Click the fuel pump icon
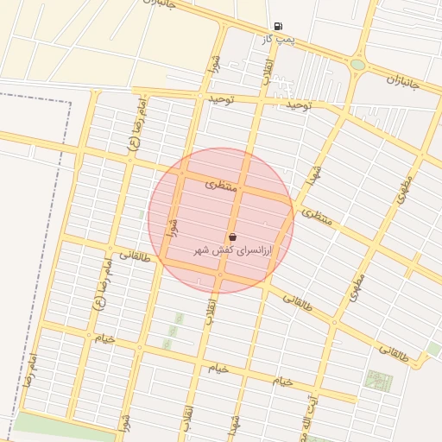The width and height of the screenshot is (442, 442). coord(277,26)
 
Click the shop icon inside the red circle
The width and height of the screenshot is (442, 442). coord(233,237)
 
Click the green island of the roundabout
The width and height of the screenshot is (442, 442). coord(357,64)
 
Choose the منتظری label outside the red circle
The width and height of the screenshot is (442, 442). coord(317,217)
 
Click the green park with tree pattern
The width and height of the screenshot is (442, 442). coord(378,381)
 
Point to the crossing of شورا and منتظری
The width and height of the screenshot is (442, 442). coord(181,174)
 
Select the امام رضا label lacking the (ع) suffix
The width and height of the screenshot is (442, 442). coord(30,369)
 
